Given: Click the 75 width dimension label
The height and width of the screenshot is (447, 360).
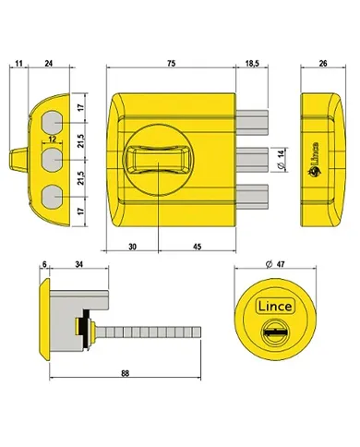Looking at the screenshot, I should point(173,63).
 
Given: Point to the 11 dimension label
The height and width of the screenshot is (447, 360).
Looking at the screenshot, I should point(18,63).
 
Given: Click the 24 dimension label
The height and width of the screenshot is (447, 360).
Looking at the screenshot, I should point(48,63).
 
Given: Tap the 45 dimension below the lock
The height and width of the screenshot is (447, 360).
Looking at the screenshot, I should point(198,247).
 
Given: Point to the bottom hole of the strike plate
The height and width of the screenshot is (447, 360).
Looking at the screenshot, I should point(54,197).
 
